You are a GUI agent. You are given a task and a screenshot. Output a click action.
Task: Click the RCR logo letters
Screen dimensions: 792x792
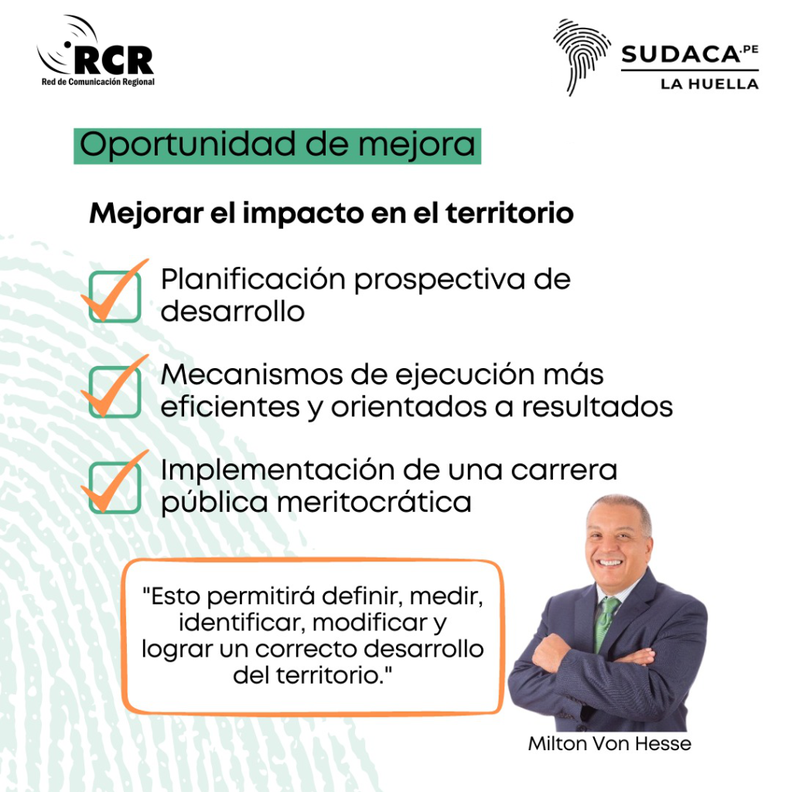(114, 60)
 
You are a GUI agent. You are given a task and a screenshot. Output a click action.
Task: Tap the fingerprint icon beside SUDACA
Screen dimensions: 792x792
(581, 56)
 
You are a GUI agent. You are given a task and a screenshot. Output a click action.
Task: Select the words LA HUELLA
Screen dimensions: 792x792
(710, 84)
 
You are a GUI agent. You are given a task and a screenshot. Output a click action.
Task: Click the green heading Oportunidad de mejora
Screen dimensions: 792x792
(278, 146)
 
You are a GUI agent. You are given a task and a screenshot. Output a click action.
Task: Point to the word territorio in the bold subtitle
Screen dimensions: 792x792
(510, 213)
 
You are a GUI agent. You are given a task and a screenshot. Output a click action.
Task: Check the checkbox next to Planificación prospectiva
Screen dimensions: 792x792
(114, 296)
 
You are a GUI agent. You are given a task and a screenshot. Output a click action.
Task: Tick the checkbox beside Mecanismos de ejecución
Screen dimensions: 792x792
(114, 392)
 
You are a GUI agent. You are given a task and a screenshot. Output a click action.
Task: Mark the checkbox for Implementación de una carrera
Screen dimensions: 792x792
(114, 487)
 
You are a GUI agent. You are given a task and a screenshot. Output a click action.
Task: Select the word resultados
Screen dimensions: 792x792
(597, 407)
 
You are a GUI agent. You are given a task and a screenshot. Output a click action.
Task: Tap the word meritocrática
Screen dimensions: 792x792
(374, 503)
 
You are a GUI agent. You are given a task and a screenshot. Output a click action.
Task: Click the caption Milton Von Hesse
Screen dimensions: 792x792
(609, 743)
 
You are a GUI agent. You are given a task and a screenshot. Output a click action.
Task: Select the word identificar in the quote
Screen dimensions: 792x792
(241, 623)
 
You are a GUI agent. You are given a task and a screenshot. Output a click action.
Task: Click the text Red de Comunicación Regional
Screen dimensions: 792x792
(98, 82)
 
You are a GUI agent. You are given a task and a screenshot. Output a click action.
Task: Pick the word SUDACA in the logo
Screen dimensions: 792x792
(681, 55)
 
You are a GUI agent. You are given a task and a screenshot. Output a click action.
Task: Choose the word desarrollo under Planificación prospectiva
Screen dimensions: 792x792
(233, 312)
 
